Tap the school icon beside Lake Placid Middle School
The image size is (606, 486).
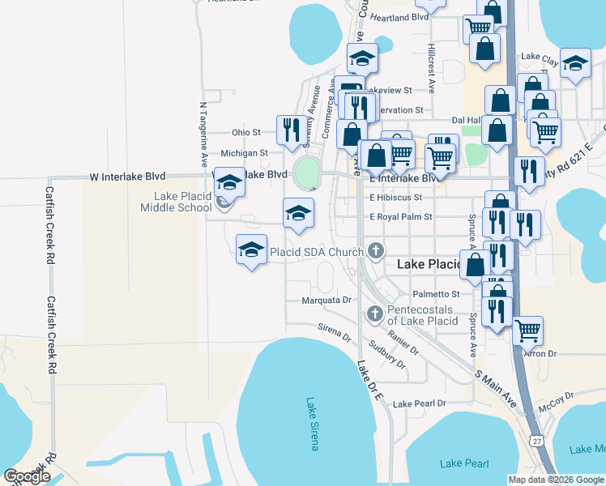pyautogui.click(x=230, y=184)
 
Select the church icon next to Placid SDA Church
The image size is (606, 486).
pyautogui.click(x=375, y=251)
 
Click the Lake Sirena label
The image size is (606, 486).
pyautogui.click(x=313, y=423)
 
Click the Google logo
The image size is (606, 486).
pyautogui.click(x=28, y=476)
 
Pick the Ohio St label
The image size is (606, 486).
pyautogui.click(x=245, y=132)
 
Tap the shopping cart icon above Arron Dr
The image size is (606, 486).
pyautogui.click(x=527, y=329)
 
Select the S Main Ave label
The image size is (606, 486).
pyautogui.click(x=495, y=390)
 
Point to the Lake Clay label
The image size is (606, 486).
pyautogui.click(x=539, y=58)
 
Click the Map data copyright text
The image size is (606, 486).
pyautogui.click(x=556, y=480)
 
